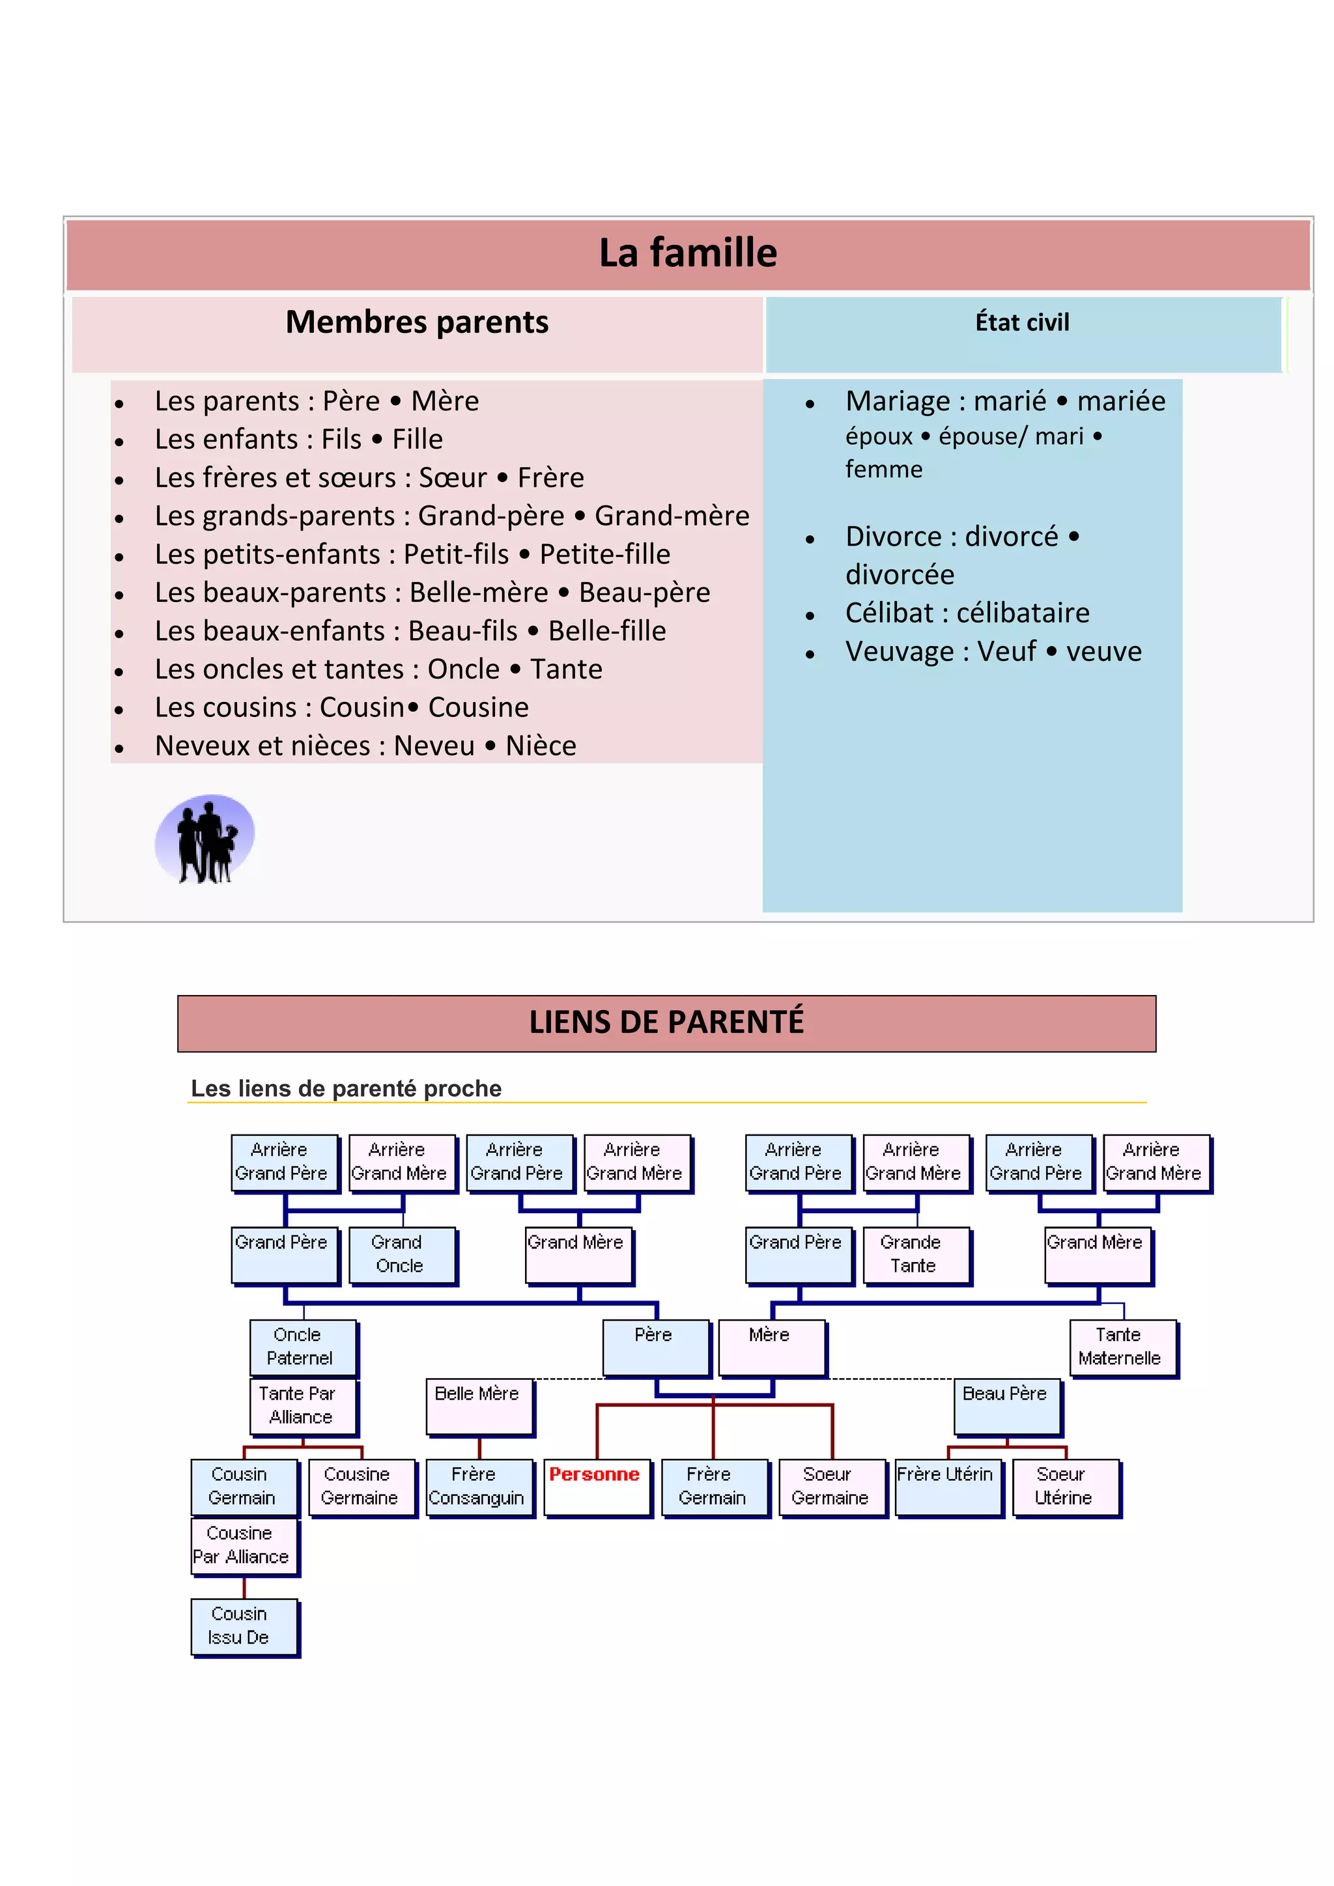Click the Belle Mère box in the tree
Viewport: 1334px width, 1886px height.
[479, 1406]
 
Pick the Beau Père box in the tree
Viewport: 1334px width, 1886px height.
[1007, 1406]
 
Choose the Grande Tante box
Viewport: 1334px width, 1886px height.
[916, 1254]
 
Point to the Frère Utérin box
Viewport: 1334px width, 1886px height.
[948, 1487]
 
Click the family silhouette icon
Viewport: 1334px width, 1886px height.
[205, 839]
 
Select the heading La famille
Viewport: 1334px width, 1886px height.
[688, 253]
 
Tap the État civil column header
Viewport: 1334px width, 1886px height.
[1022, 323]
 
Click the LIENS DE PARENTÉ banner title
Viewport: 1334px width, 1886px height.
[666, 1022]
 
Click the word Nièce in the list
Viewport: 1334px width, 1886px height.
[541, 746]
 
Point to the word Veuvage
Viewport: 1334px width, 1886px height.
[900, 651]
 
